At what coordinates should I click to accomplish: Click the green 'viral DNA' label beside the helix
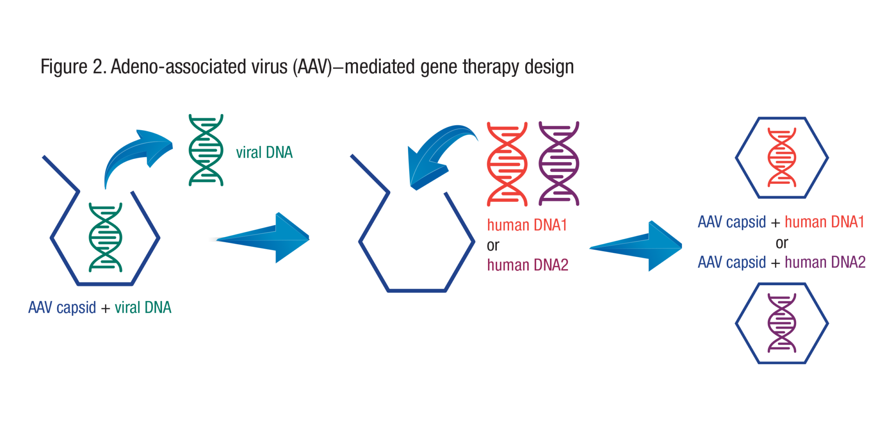pyautogui.click(x=264, y=152)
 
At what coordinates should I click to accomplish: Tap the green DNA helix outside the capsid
pyautogui.click(x=206, y=150)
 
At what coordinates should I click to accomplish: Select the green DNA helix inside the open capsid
pyautogui.click(x=106, y=238)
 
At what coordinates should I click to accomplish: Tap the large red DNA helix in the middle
pyautogui.click(x=507, y=164)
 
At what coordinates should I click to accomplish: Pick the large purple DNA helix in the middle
pyautogui.click(x=559, y=164)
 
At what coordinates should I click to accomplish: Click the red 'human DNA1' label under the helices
pyautogui.click(x=527, y=225)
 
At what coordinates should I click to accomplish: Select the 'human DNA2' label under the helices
pyautogui.click(x=528, y=265)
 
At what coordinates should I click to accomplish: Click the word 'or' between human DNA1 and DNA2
pyautogui.click(x=493, y=246)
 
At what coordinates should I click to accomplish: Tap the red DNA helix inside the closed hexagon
pyautogui.click(x=782, y=157)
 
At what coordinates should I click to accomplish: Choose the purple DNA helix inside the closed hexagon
pyautogui.click(x=782, y=323)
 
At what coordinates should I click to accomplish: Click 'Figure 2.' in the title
pyautogui.click(x=73, y=67)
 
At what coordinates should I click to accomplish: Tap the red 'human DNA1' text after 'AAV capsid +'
pyautogui.click(x=824, y=222)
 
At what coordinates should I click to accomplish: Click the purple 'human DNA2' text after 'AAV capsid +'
pyautogui.click(x=825, y=262)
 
